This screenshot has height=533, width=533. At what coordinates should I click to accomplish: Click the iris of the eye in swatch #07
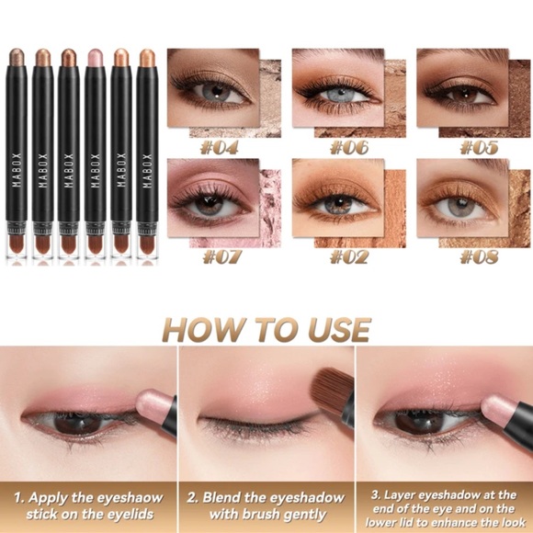coord(210,204)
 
